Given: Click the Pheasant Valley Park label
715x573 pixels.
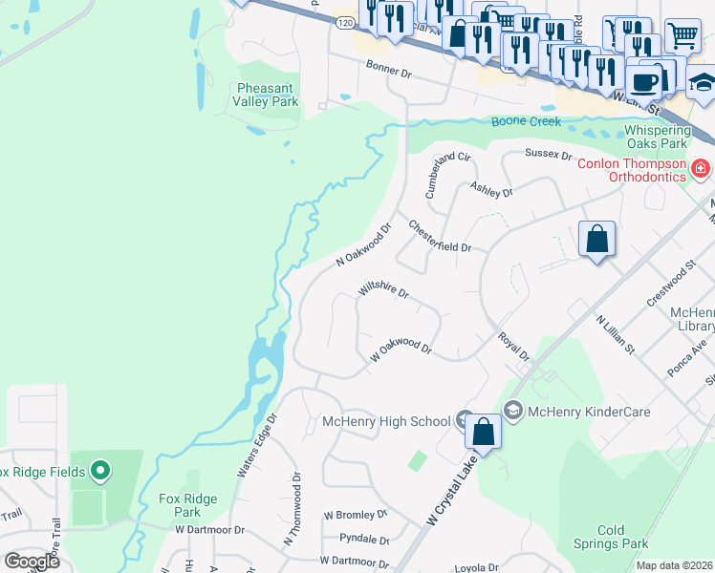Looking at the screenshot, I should click(x=268, y=95).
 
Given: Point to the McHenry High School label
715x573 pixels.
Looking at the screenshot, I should click(x=386, y=421).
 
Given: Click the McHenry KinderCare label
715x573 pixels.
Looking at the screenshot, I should click(x=590, y=412).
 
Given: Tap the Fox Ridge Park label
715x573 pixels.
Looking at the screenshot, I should click(x=188, y=505).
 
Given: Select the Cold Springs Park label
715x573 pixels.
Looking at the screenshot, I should click(x=623, y=537).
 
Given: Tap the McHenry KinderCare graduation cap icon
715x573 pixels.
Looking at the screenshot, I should click(x=512, y=411).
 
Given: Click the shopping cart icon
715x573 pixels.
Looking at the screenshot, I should click(x=682, y=36).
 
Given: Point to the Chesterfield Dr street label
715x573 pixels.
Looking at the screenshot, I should click(x=440, y=236).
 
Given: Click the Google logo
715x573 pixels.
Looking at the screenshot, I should click(x=32, y=561).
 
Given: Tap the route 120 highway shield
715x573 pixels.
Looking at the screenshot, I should click(x=343, y=20).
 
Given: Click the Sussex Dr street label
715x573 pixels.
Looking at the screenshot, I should click(x=548, y=154).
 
